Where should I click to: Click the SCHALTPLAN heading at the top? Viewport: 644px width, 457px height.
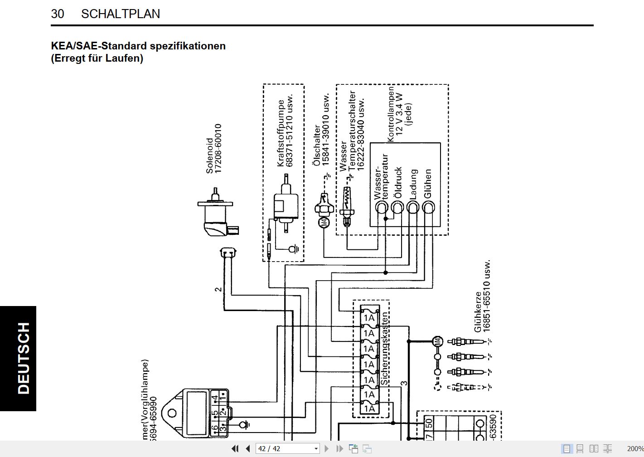[x=120, y=14]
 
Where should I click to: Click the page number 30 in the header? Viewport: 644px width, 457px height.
[x=58, y=14]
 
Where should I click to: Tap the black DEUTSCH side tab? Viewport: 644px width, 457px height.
[x=18, y=358]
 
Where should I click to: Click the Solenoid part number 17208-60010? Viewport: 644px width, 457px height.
[x=218, y=148]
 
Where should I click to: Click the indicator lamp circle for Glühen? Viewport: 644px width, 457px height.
[x=428, y=208]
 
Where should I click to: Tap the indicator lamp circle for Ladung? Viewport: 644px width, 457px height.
[x=413, y=208]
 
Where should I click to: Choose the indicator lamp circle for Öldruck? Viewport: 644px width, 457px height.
[x=397, y=208]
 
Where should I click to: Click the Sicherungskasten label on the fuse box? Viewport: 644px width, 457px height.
[x=385, y=349]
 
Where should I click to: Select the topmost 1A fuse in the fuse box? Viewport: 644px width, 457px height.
[x=369, y=317]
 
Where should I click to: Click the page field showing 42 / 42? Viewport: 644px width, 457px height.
[x=287, y=448]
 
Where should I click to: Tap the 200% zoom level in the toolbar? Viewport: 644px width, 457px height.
[x=635, y=448]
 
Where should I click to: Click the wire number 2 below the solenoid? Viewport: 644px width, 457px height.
[x=218, y=289]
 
